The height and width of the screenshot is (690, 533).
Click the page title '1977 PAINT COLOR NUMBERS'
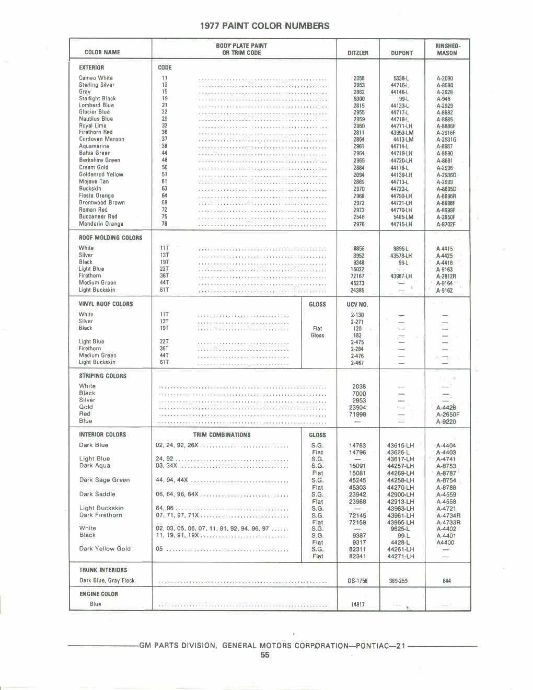[265, 26]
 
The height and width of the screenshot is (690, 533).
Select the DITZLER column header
[358, 53]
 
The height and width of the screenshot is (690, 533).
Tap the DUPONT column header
[402, 53]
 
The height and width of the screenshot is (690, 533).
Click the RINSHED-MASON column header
[447, 49]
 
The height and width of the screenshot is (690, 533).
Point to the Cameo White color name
[96, 78]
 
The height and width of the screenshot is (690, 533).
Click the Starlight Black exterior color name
[97, 98]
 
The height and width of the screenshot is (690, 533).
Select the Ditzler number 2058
[359, 78]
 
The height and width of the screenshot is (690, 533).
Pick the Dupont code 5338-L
[401, 78]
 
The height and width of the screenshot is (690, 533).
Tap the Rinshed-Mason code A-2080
[445, 78]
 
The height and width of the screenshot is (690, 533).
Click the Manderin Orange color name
[101, 224]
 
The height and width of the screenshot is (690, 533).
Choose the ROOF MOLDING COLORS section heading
[110, 238]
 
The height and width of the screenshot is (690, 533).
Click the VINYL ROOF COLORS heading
[106, 304]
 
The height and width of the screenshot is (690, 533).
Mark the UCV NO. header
[358, 304]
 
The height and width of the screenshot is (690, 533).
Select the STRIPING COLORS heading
[102, 376]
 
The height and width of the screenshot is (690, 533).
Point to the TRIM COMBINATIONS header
[222, 435]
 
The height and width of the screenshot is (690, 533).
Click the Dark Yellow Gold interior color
[105, 549]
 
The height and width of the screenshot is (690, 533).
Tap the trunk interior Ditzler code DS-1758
[358, 581]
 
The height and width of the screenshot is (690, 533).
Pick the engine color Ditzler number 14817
[358, 605]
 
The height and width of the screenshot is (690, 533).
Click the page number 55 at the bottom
[265, 655]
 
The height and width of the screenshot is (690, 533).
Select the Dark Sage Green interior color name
[105, 480]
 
